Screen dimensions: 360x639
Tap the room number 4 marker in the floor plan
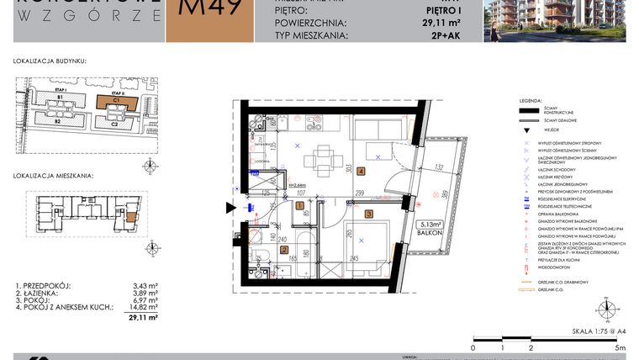[361, 172]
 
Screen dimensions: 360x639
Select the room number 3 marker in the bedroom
[368, 214]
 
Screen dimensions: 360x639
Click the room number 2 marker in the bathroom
[283, 250]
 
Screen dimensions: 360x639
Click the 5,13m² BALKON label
[432, 228]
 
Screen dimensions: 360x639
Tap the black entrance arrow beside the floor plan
[232, 209]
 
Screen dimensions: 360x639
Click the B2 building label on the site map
[58, 123]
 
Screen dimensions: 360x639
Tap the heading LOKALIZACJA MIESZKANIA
[53, 177]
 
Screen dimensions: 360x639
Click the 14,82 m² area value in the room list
[145, 308]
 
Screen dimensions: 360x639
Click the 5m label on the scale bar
[620, 347]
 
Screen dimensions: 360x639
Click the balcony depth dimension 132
[438, 167]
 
